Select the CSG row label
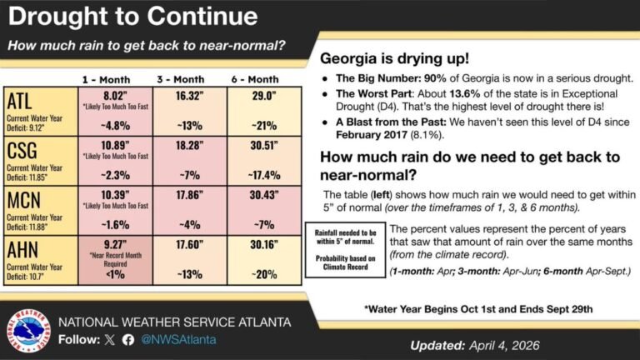pos(22,155)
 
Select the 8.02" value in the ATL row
pos(115,97)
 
